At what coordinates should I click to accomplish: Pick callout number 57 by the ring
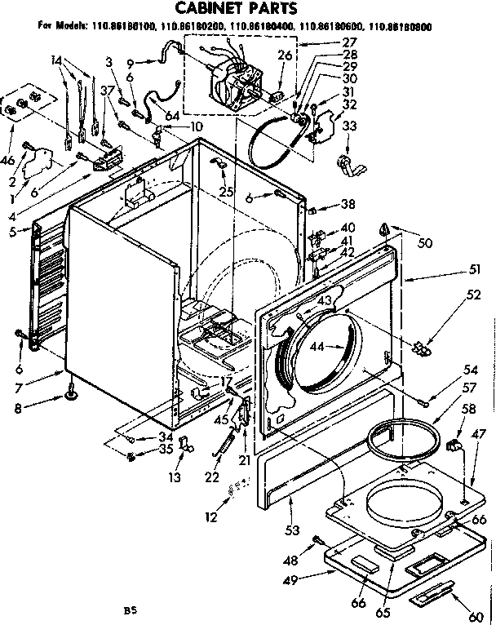470,388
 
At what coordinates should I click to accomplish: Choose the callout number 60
475,616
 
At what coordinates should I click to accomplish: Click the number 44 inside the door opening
317,348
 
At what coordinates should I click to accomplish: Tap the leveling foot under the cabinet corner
71,398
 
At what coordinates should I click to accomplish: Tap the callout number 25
225,192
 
